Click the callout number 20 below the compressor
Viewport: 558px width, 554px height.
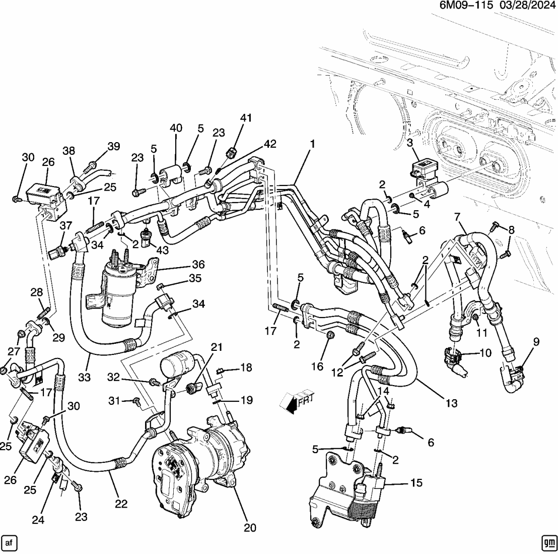coord(250,528)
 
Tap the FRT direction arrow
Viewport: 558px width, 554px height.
coord(298,401)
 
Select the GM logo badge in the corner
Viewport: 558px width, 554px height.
coord(548,542)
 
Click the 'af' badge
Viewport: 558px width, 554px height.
coord(10,542)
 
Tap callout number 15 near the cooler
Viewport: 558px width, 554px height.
coord(415,483)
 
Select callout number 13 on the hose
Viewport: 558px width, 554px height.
coord(451,403)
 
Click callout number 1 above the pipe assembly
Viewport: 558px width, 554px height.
coord(312,144)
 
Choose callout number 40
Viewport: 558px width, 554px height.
coord(176,128)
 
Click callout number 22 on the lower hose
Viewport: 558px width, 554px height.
coord(121,503)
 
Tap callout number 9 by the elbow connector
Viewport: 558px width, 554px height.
coord(536,342)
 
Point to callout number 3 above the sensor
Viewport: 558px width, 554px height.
coord(410,143)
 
